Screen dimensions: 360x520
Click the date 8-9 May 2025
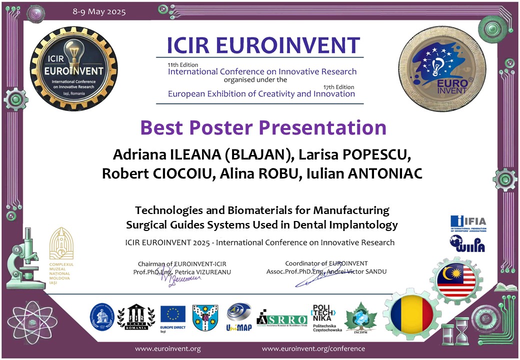pyautogui.click(x=99, y=11)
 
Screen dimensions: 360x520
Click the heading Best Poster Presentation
pyautogui.click(x=263, y=127)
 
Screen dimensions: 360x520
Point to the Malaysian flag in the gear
pyautogui.click(x=456, y=280)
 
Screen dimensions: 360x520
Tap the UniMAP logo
pyautogui.click(x=238, y=316)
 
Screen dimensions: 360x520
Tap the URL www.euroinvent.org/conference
pyautogui.click(x=313, y=348)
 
